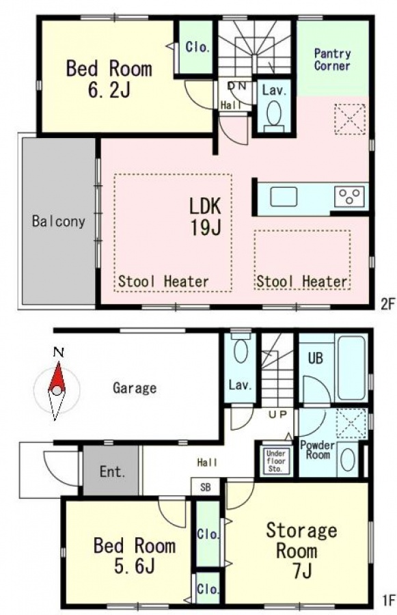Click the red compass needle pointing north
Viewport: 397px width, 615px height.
pyautogui.click(x=57, y=377)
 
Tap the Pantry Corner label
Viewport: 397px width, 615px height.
pyautogui.click(x=332, y=59)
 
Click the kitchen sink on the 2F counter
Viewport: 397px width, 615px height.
pyautogui.click(x=284, y=196)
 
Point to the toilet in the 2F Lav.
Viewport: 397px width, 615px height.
pyautogui.click(x=274, y=116)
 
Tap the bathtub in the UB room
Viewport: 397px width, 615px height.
pyautogui.click(x=351, y=368)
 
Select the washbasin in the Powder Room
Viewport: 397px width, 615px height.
pyautogui.click(x=348, y=459)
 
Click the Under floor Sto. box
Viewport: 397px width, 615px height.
pyautogui.click(x=276, y=461)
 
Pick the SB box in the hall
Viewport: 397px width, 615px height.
pyautogui.click(x=205, y=487)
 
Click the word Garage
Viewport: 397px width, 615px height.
pyautogui.click(x=135, y=388)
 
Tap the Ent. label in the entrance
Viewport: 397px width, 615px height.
pyautogui.click(x=112, y=471)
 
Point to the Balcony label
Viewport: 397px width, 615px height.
pyautogui.click(x=59, y=221)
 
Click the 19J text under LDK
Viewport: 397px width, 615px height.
pyautogui.click(x=206, y=227)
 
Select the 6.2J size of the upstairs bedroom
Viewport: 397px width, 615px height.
pyautogui.click(x=109, y=90)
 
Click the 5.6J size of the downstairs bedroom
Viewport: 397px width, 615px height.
pyautogui.click(x=134, y=566)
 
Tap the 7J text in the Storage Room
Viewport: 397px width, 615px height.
pyautogui.click(x=302, y=571)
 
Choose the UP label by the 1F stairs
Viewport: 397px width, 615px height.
pyautogui.click(x=277, y=414)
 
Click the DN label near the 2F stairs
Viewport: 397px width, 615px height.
pyautogui.click(x=237, y=85)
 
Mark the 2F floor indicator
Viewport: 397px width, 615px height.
pyautogui.click(x=386, y=304)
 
